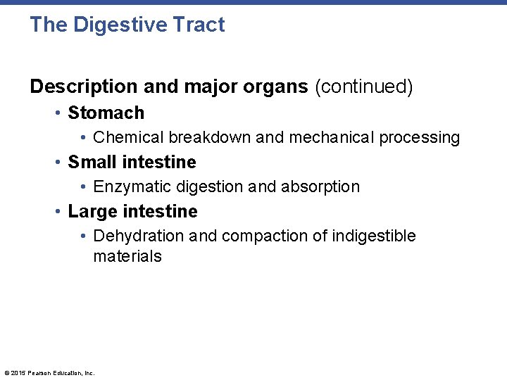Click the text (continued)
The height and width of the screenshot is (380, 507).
(363, 87)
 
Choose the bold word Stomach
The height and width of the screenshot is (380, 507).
(106, 113)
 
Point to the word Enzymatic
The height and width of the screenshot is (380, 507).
(130, 186)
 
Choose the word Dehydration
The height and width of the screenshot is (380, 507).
(138, 236)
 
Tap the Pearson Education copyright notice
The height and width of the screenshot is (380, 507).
(49, 373)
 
